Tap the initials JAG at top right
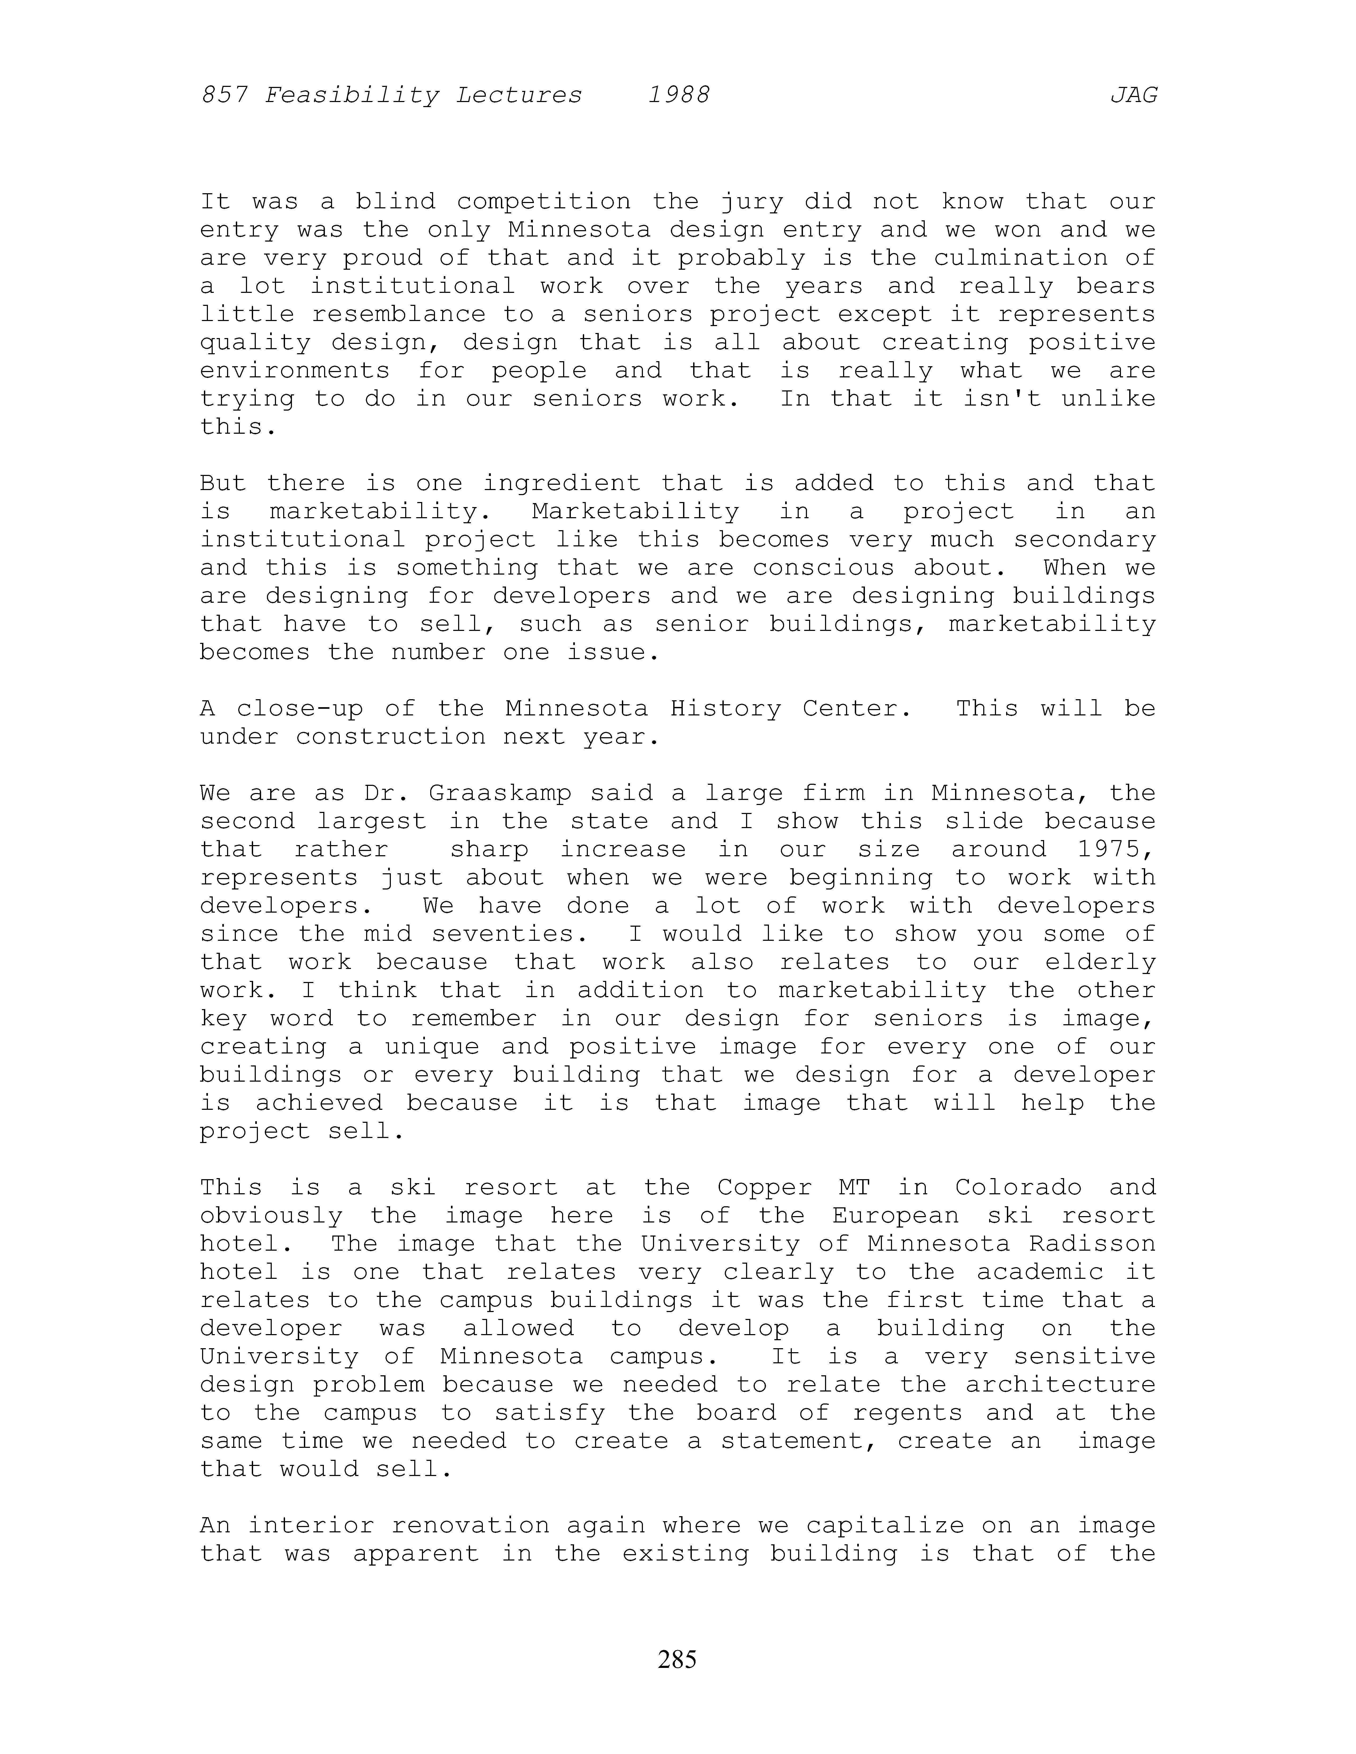[1133, 96]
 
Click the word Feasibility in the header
[352, 96]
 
